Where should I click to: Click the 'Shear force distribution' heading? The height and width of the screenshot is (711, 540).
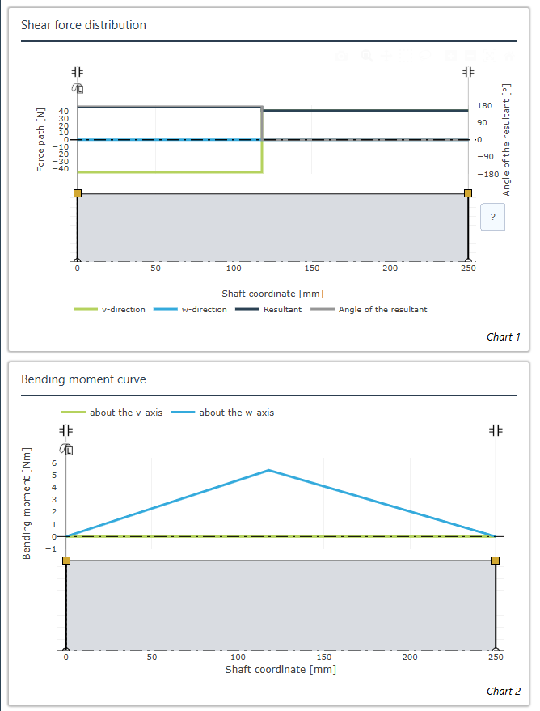coord(83,25)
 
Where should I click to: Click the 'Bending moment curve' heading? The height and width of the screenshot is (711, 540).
coord(83,379)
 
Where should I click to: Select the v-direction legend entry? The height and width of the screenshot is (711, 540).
coord(109,309)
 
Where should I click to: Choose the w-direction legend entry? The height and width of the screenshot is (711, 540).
coord(190,309)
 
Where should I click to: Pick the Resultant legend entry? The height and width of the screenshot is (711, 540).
coord(268,309)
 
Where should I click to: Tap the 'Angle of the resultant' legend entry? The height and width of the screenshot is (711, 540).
coord(369,309)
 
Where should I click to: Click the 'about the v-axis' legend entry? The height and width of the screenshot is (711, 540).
coord(112,413)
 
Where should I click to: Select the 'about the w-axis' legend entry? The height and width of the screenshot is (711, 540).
coord(222,413)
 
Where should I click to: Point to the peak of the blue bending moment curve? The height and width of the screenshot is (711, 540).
coord(269,470)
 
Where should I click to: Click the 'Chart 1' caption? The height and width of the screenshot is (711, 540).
coord(504,337)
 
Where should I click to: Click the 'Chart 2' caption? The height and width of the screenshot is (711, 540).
coord(504,691)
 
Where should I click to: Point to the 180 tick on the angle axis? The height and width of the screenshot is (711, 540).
coord(484,106)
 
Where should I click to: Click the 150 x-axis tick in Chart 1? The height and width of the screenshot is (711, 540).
coord(312,268)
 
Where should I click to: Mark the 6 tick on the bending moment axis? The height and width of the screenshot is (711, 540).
coord(54,463)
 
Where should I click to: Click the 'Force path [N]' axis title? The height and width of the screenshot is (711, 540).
coord(40,140)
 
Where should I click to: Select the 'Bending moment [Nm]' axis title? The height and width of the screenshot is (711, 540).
coord(27,503)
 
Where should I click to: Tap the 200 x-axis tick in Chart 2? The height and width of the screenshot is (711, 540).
coord(410,657)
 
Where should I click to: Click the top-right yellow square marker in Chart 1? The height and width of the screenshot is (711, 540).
coord(468,193)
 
